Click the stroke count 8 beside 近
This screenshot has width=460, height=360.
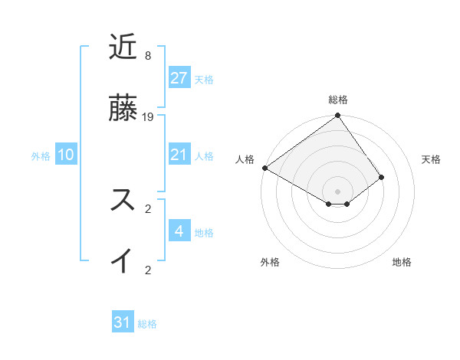147,56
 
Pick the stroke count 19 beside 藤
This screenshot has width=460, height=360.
148,117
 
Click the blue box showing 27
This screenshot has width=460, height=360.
179,78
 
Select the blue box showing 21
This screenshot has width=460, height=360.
179,155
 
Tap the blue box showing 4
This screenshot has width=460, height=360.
179,231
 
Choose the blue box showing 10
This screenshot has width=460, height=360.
66,155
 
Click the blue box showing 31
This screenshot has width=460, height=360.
123,323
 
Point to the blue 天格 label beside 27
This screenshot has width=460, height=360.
204,80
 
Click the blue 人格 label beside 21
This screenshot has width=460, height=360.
204,156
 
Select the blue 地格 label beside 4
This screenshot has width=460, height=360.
204,233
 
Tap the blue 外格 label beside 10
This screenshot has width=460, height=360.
41,156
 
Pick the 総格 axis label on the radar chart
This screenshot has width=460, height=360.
338,100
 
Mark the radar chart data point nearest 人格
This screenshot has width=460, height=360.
264,168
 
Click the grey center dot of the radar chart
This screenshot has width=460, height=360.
338,191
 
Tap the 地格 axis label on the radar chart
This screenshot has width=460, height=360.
402,263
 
